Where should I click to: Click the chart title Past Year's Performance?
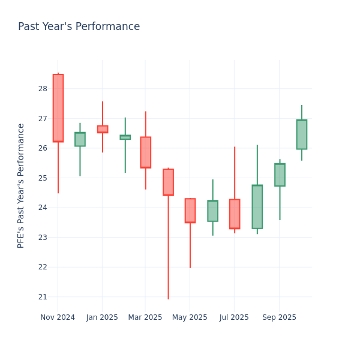pyautogui.click(x=79, y=27)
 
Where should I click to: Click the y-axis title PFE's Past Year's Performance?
pyautogui.click(x=21, y=185)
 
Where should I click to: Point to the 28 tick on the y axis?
pyautogui.click(x=43, y=89)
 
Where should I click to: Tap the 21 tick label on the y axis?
pyautogui.click(x=43, y=297)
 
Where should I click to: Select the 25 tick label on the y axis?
pyautogui.click(x=43, y=178)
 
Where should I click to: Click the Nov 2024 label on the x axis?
pyautogui.click(x=58, y=317)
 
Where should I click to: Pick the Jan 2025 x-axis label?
pyautogui.click(x=102, y=317)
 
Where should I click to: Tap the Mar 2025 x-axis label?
pyautogui.click(x=145, y=317)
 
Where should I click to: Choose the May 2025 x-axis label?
pyautogui.click(x=190, y=317)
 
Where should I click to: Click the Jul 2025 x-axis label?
pyautogui.click(x=234, y=317)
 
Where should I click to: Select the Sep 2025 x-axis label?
pyautogui.click(x=279, y=317)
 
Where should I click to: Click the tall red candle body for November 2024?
pyautogui.click(x=58, y=108)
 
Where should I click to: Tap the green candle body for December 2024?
pyautogui.click(x=80, y=139)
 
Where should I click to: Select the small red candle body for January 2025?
pyautogui.click(x=103, y=129)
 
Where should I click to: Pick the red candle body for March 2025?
pyautogui.click(x=145, y=152)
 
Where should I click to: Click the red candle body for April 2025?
pyautogui.click(x=168, y=182)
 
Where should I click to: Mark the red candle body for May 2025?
pyautogui.click(x=190, y=211)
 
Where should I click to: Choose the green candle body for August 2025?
pyautogui.click(x=257, y=207)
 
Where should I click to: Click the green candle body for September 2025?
pyautogui.click(x=280, y=175)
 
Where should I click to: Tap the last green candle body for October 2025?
pyautogui.click(x=302, y=134)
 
